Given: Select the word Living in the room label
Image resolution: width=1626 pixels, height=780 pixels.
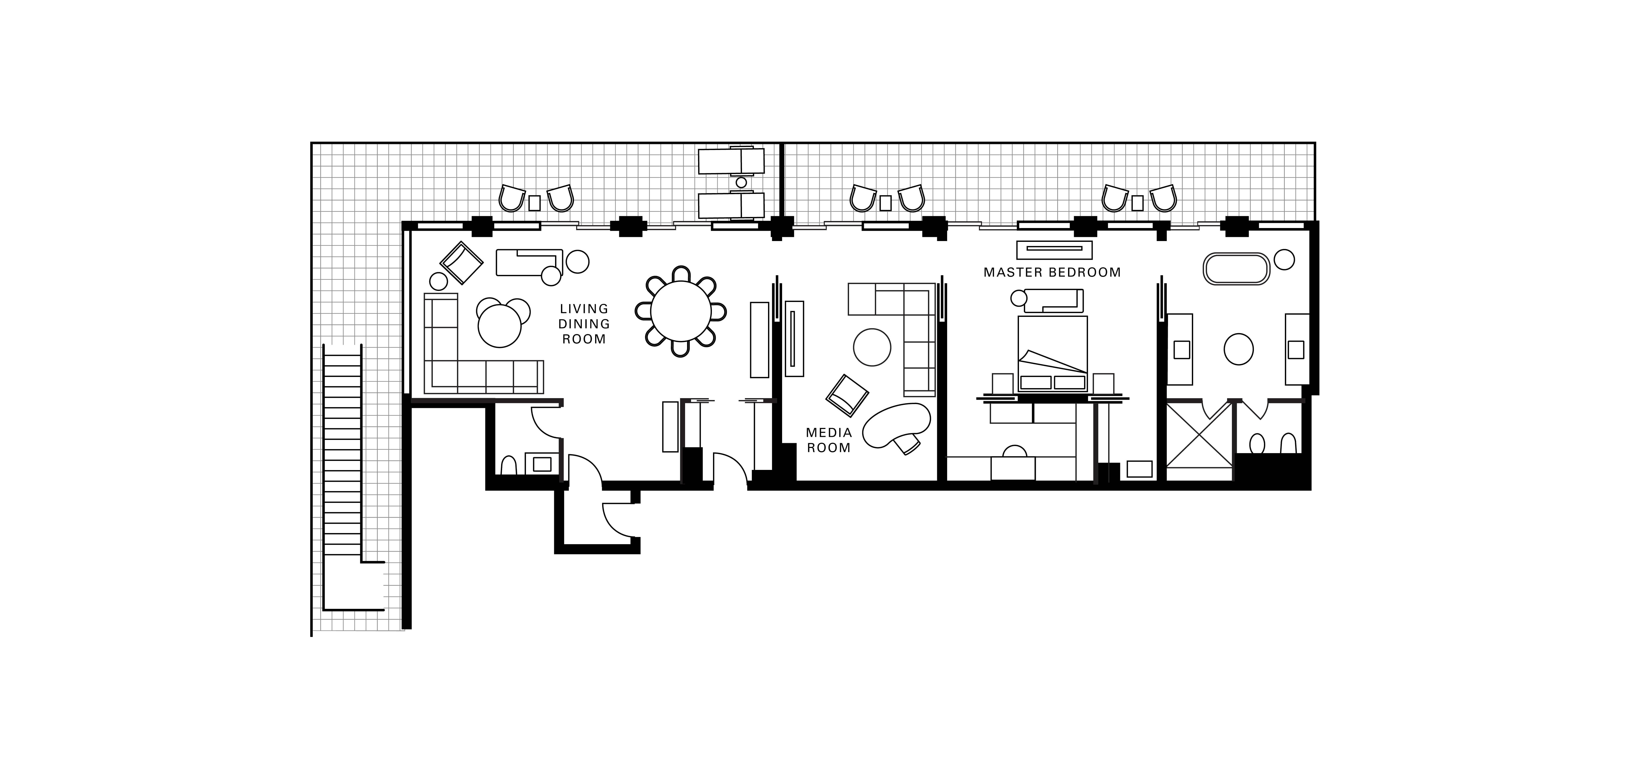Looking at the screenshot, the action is pos(584,308).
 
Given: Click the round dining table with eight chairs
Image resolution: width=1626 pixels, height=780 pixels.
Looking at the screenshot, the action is pos(680,312).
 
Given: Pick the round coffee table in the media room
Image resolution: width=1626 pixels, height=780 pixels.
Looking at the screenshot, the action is pos(872,347).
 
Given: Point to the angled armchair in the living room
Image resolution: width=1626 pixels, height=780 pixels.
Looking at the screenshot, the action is pos(462,262).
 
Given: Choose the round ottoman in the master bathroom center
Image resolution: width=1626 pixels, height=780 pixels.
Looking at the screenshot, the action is pos(1238,349).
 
